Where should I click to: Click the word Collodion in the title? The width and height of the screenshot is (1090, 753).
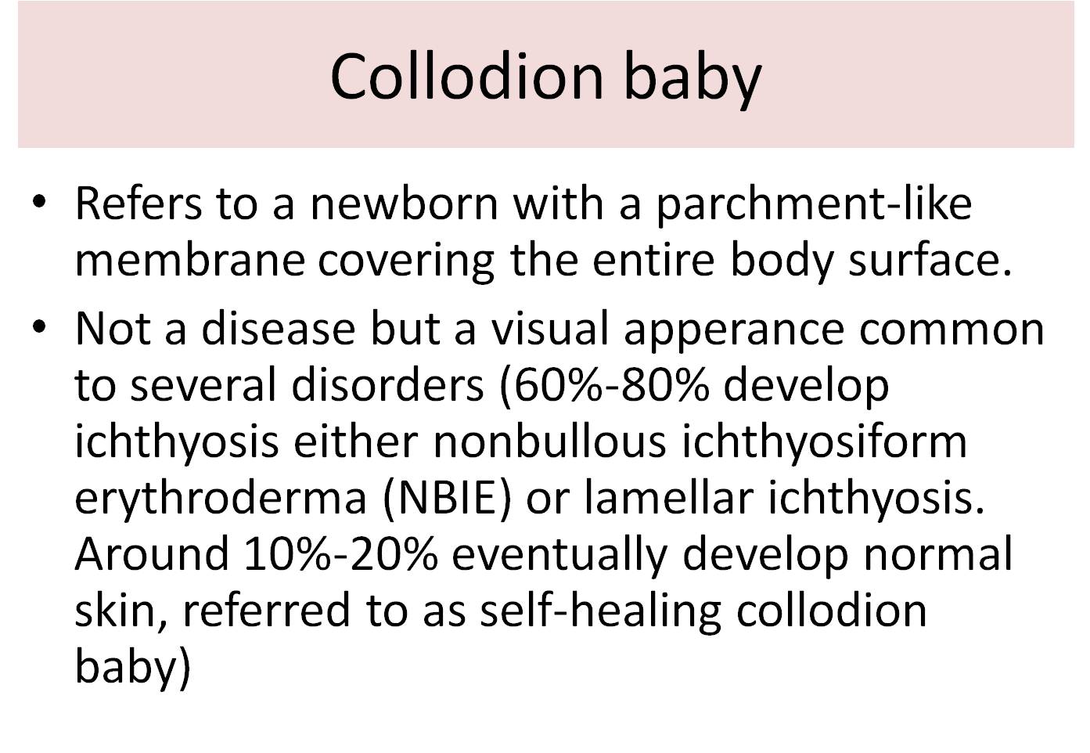point(467,76)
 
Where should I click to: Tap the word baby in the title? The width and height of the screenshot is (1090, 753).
point(692,76)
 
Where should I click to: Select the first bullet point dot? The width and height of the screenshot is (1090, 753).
point(39,201)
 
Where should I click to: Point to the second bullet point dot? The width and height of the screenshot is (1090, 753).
point(39,326)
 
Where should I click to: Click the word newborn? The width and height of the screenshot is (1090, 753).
point(404,203)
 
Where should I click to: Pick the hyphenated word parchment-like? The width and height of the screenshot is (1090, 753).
point(813,203)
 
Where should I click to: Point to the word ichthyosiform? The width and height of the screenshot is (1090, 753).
point(825,441)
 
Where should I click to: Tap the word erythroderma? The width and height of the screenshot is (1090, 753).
point(221,497)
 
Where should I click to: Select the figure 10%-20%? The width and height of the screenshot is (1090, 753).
point(340,553)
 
